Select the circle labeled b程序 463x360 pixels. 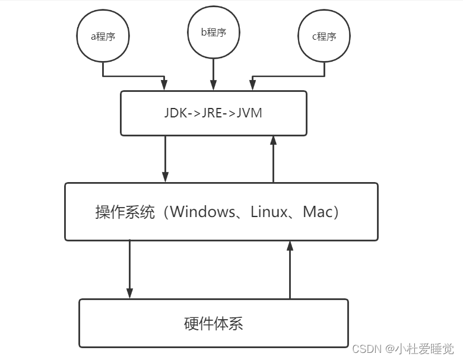pyautogui.click(x=214, y=33)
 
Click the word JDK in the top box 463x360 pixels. pyautogui.click(x=176, y=113)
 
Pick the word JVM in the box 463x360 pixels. pyautogui.click(x=250, y=113)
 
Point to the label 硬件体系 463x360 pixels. pyautogui.click(x=213, y=324)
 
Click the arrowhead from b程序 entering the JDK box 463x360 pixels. pyautogui.click(x=213, y=86)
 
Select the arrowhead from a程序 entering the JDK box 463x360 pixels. pyautogui.click(x=165, y=86)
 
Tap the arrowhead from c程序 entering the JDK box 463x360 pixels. pyautogui.click(x=253, y=86)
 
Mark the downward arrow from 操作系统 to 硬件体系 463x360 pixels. pyautogui.click(x=129, y=269)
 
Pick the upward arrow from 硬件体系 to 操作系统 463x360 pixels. pyautogui.click(x=290, y=269)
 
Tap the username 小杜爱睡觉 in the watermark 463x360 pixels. pyautogui.click(x=426, y=349)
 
